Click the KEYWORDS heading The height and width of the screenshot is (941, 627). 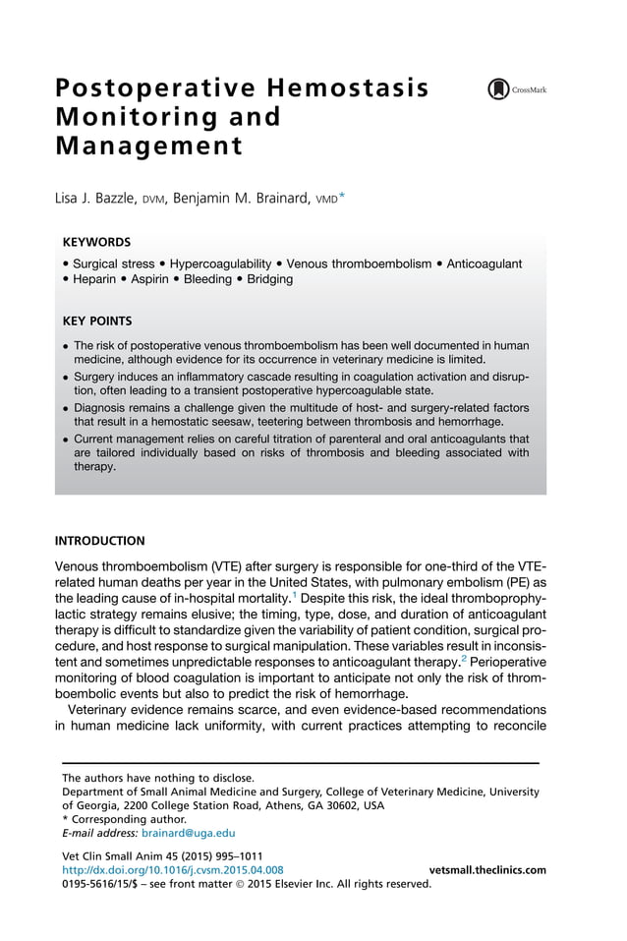coord(96,241)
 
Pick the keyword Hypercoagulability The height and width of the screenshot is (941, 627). coord(220,264)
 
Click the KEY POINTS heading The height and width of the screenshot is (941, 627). coord(97,321)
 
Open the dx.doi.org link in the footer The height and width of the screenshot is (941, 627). coord(172,870)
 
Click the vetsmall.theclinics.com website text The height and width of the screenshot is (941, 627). coord(487,870)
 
